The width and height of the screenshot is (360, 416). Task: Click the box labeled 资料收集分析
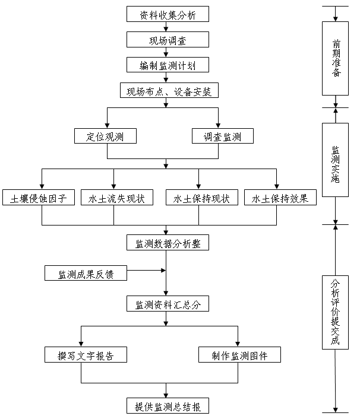point(168,14)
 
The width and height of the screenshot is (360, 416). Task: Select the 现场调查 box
point(168,40)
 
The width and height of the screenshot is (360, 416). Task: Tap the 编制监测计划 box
point(168,65)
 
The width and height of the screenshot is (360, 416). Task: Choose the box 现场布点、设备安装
point(169,90)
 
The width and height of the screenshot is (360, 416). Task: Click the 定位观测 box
point(105,136)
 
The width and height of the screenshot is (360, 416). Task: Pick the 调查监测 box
point(223,136)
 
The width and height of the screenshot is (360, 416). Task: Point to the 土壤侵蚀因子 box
point(39,197)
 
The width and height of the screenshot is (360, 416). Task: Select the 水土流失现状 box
point(117,197)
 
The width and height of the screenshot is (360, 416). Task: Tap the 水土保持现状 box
point(202,197)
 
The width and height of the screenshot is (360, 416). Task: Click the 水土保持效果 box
point(280,197)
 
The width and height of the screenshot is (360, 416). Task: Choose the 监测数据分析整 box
point(168,242)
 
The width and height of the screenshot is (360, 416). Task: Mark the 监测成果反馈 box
point(86,273)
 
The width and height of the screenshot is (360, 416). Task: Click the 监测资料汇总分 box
point(168,303)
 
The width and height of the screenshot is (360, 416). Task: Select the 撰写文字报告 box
point(86,354)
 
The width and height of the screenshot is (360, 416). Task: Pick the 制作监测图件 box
point(239,354)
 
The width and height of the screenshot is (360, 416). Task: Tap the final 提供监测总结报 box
point(168,405)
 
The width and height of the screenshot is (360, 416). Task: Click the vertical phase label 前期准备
point(336,58)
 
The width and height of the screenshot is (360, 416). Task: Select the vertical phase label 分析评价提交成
point(335,312)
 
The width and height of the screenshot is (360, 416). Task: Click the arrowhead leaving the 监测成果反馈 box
point(163,271)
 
